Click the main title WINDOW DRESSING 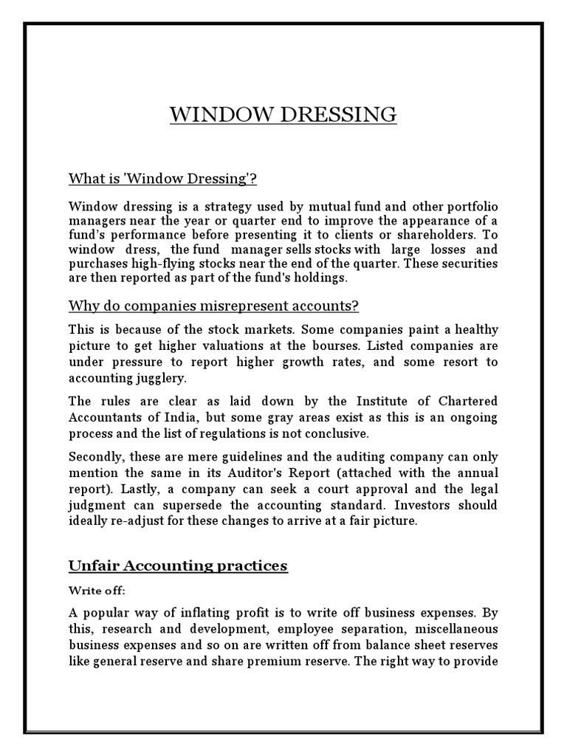click(283, 115)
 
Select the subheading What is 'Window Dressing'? click(162, 179)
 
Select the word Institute click(388, 402)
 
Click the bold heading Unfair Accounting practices click(178, 566)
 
